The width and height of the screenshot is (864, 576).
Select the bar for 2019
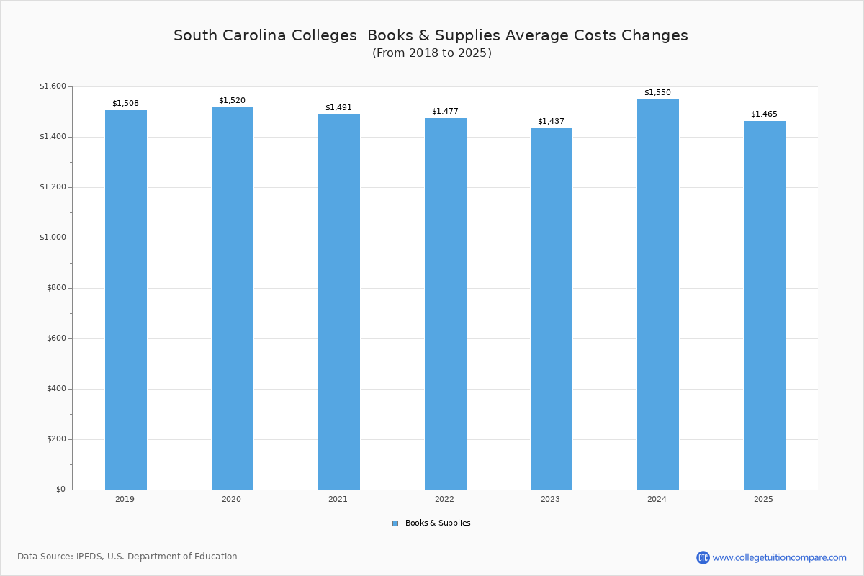click(x=126, y=300)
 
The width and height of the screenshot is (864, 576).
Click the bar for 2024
click(x=657, y=294)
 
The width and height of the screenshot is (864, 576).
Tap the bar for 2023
click(x=551, y=309)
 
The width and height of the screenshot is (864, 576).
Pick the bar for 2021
click(x=338, y=302)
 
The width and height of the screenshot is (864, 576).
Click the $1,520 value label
click(x=232, y=100)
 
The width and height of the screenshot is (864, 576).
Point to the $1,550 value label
click(x=657, y=92)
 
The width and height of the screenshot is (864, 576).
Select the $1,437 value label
click(x=551, y=121)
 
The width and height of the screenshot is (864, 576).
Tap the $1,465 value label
click(x=764, y=114)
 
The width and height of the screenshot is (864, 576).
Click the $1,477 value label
click(x=445, y=111)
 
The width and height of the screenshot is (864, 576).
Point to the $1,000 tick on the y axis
click(x=52, y=238)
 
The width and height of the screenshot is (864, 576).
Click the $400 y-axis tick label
click(x=56, y=389)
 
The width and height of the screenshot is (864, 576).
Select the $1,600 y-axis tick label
click(x=52, y=86)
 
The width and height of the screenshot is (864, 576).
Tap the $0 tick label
click(x=60, y=490)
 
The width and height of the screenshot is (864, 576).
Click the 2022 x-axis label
click(x=444, y=499)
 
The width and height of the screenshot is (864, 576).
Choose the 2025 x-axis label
click(x=763, y=499)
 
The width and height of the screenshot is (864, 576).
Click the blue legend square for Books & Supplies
click(x=395, y=523)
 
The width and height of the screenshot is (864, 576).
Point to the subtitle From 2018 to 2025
click(x=432, y=53)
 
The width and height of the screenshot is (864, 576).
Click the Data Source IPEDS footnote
click(x=127, y=557)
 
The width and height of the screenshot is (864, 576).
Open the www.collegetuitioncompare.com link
click(x=779, y=557)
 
